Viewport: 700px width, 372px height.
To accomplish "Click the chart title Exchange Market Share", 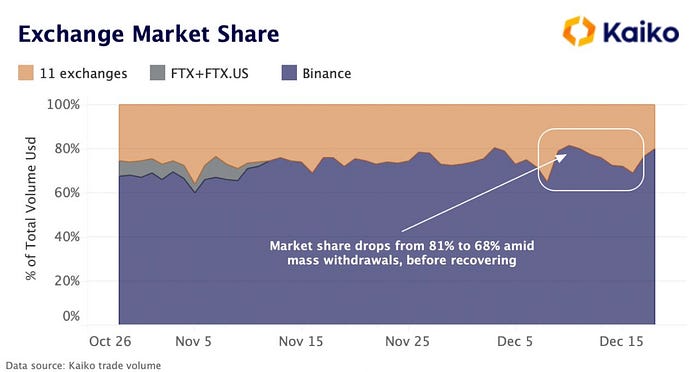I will (x=147, y=35).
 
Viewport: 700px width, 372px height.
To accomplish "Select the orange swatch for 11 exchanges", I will (x=27, y=73).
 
